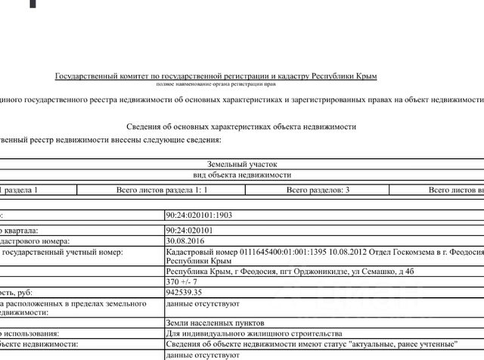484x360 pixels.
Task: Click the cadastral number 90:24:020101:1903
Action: [x=199, y=215]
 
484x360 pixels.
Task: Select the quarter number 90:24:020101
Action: [x=191, y=230]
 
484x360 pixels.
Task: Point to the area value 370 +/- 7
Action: [x=181, y=281]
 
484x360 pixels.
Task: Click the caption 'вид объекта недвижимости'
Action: [x=242, y=174]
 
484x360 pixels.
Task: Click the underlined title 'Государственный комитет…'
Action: [x=216, y=76]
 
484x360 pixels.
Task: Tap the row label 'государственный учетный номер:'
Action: [x=56, y=252]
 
